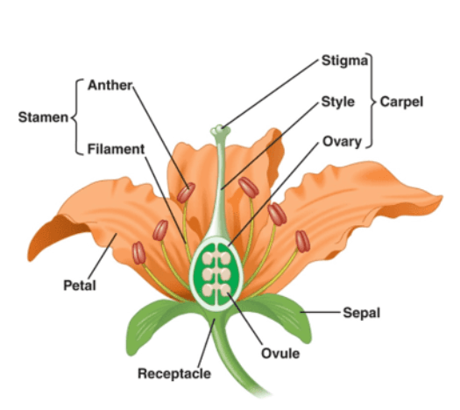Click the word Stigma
pos(344,61)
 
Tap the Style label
pos(338,102)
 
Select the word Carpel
pos(401,102)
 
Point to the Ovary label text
pos(342,142)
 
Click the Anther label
pos(110,85)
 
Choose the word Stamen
pos(43,117)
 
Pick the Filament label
pos(117,149)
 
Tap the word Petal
pos(80,285)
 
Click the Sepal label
pos(362,313)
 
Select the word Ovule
pos(280,353)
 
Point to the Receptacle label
pos(174,373)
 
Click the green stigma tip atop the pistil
pos(220,131)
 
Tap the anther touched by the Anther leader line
pos(186,193)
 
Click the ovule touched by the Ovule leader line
pos(225,290)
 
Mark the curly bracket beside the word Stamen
pos(76,117)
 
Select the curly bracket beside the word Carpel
pos(372,101)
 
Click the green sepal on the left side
pos(159,322)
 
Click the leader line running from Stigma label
pos(271,94)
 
